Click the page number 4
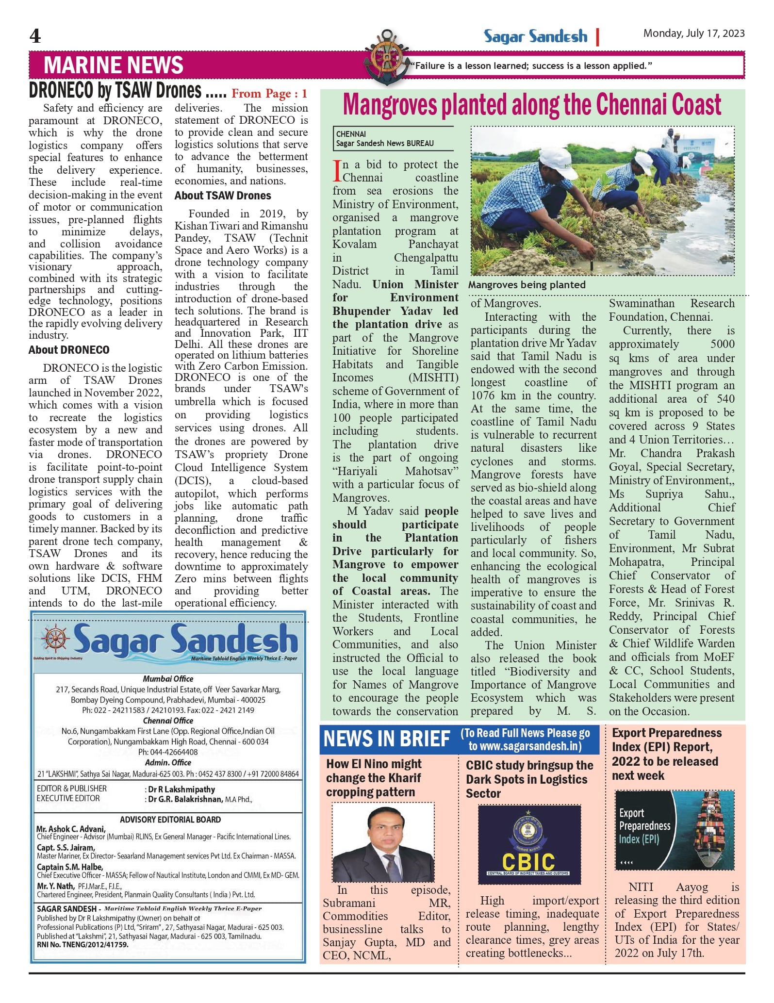click(x=35, y=36)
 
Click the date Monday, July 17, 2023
click(x=693, y=33)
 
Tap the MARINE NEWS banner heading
click(x=113, y=65)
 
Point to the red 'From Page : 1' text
click(x=269, y=94)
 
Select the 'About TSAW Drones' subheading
click(x=223, y=196)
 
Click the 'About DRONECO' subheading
click(x=69, y=350)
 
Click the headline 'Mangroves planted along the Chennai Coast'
click(x=532, y=105)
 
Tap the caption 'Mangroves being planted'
click(x=527, y=285)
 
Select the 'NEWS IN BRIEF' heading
click(x=387, y=739)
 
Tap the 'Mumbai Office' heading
click(x=168, y=679)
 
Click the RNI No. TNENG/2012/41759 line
click(x=83, y=945)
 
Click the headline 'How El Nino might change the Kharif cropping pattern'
click(x=374, y=778)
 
